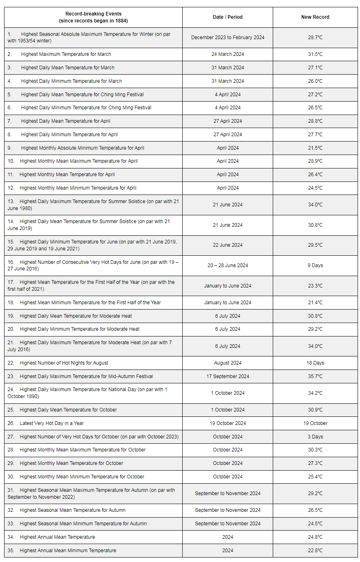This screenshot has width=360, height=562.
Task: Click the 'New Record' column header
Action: (315, 17)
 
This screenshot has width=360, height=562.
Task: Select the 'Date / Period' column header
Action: (227, 17)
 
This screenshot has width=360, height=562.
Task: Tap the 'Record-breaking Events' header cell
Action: (93, 17)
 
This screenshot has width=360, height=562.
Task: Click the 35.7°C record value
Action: (315, 376)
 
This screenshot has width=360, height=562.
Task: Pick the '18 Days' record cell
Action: (315, 363)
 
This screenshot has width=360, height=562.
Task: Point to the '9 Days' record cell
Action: (315, 266)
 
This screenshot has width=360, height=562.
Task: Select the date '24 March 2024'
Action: (227, 54)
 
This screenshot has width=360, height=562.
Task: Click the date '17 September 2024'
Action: (227, 376)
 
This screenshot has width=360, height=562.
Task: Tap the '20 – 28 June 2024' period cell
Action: (227, 266)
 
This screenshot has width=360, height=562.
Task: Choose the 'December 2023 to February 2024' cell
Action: (227, 38)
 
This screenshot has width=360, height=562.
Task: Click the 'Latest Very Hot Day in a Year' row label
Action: (52, 423)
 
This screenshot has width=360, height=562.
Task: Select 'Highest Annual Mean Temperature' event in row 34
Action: (57, 537)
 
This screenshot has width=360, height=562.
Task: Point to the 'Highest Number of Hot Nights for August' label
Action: (64, 363)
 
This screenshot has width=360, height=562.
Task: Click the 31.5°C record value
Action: (315, 54)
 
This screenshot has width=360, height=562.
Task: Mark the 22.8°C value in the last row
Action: (315, 551)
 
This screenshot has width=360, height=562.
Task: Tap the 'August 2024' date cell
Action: (227, 363)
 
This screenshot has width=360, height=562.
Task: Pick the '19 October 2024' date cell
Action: (227, 423)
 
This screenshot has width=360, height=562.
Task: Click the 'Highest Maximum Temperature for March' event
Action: (66, 54)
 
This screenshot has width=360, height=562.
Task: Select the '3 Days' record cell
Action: (315, 437)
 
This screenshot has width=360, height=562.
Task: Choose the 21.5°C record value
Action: (315, 148)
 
